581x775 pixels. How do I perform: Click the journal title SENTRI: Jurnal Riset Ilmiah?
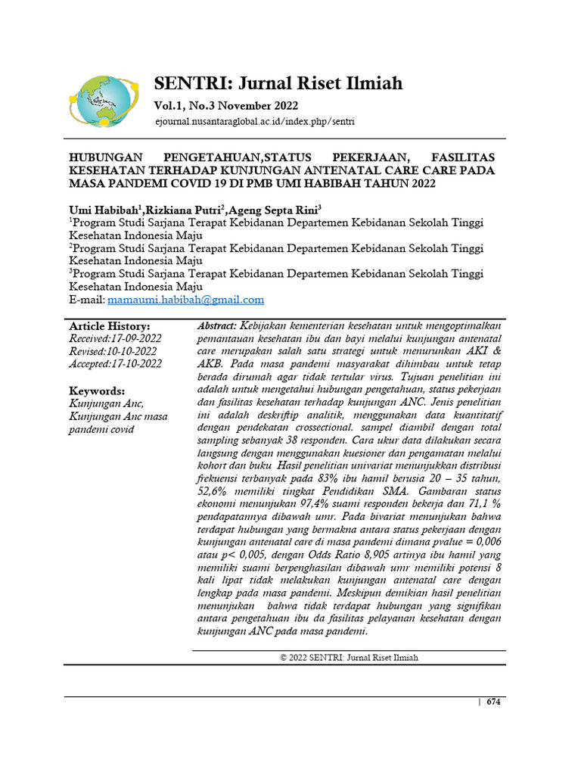coord(278,82)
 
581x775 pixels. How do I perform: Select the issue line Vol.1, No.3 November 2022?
coord(226,105)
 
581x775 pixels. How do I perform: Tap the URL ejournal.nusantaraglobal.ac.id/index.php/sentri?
coord(254,121)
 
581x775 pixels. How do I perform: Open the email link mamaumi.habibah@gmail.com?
coord(185,300)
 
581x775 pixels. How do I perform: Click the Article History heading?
coord(109,326)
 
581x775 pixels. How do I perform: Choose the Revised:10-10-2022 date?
coord(113,351)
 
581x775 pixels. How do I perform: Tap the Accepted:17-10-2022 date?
coord(115,363)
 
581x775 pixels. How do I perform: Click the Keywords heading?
coord(97,391)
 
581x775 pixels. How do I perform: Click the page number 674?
coord(494,702)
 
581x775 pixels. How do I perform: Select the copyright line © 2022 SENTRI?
coord(348,658)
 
